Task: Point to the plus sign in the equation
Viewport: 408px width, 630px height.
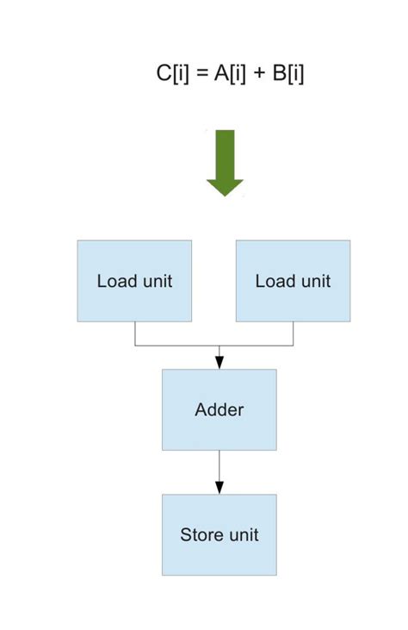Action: pos(258,75)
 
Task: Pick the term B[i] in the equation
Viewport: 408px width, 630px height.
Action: pos(288,74)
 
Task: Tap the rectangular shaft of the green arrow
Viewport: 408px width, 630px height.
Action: pos(225,153)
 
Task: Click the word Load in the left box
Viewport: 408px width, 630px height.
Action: pos(115,281)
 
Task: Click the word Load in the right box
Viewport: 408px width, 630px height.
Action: pos(274,281)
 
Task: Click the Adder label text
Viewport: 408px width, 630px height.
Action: pos(219,409)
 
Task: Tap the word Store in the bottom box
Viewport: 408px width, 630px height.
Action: pos(200,534)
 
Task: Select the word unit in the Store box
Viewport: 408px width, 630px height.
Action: pos(242,534)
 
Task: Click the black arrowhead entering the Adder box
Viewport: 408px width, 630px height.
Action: pos(219,363)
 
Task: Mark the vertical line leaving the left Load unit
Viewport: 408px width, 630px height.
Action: pos(135,334)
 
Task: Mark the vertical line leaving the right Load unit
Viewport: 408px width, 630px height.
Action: pos(294,334)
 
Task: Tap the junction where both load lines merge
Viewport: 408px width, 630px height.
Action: pos(219,346)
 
